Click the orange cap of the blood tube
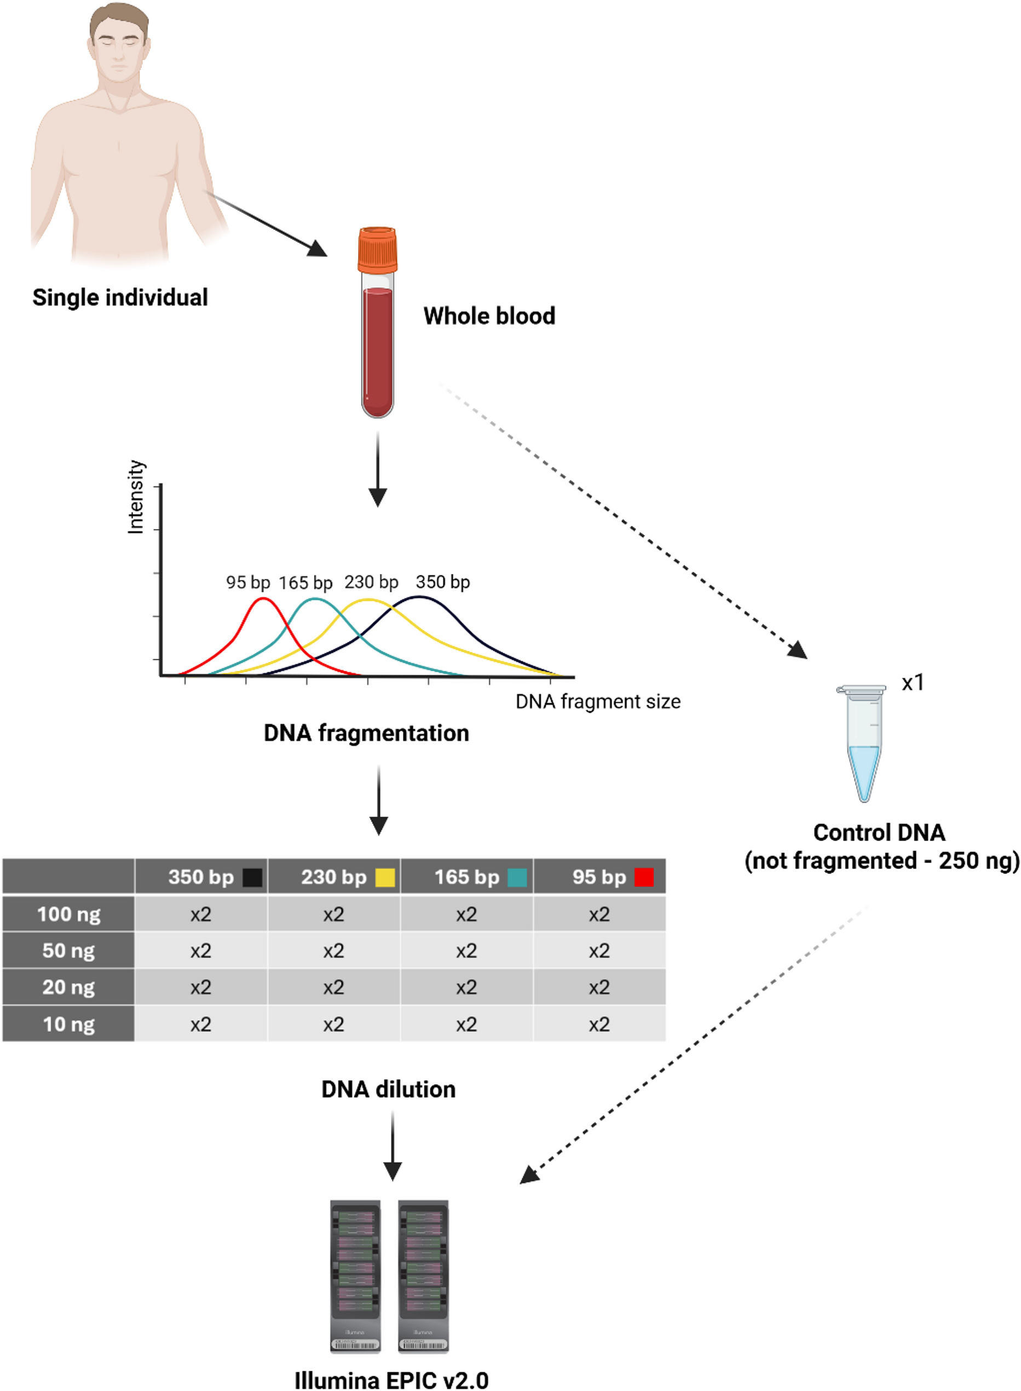(377, 249)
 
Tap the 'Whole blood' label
(489, 316)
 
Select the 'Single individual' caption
(120, 297)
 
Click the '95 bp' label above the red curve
(248, 582)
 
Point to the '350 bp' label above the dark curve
(442, 582)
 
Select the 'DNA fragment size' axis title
(598, 702)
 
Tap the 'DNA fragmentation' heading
(366, 733)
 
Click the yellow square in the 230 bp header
(385, 877)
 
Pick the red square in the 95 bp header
(644, 877)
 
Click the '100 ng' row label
(68, 913)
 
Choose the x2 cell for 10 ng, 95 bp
(599, 1025)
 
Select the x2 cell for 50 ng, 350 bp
(201, 950)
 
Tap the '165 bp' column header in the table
(466, 877)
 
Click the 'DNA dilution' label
(388, 1089)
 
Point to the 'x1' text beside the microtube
(912, 682)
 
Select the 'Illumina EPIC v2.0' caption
(391, 1380)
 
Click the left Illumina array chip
(355, 1275)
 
